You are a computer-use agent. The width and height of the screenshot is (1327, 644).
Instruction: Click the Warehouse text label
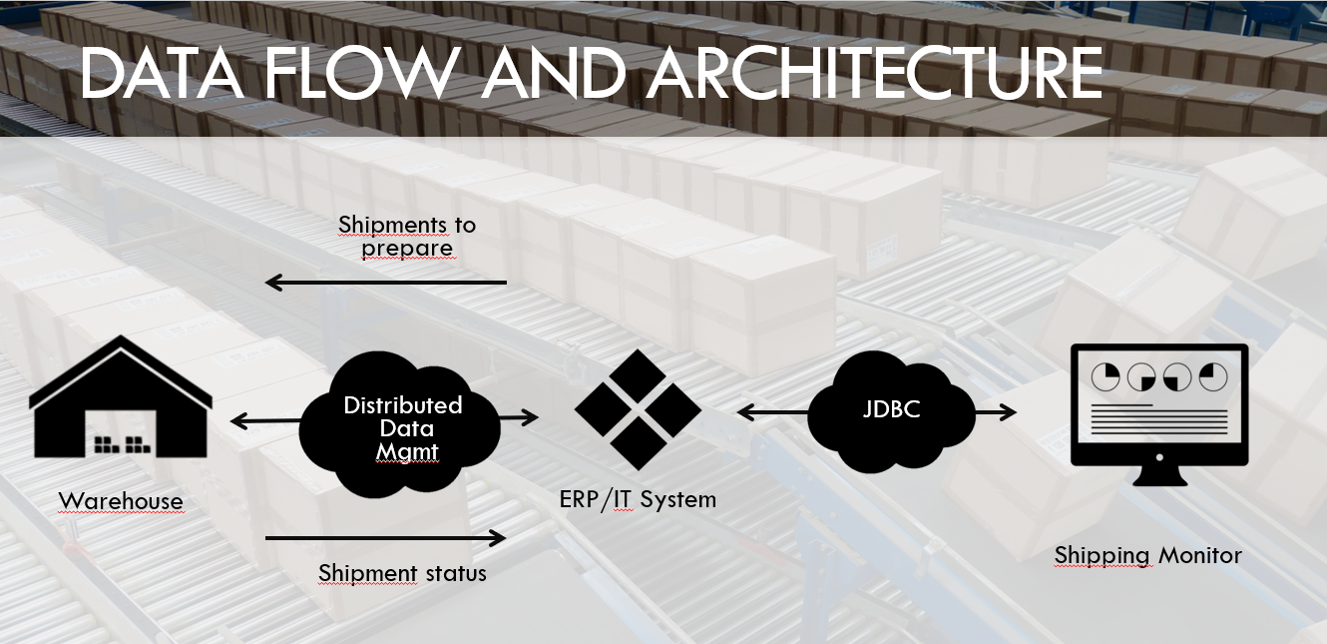click(x=121, y=501)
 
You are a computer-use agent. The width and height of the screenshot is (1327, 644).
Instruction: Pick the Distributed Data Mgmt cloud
click(x=402, y=428)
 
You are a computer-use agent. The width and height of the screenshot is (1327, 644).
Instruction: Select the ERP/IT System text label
click(x=638, y=498)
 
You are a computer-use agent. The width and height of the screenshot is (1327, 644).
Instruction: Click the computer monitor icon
click(x=1158, y=414)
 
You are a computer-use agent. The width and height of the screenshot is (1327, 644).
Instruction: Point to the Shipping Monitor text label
click(x=1147, y=555)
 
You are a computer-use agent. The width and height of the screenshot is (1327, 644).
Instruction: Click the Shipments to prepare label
click(x=407, y=237)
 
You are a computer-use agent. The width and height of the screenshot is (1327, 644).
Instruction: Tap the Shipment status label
click(x=402, y=573)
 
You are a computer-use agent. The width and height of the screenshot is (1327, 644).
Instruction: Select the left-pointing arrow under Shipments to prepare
click(x=386, y=284)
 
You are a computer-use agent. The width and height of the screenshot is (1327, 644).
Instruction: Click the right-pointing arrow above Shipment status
click(x=386, y=538)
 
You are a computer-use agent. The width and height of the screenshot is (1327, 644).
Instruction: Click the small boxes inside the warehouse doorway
click(x=121, y=445)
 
